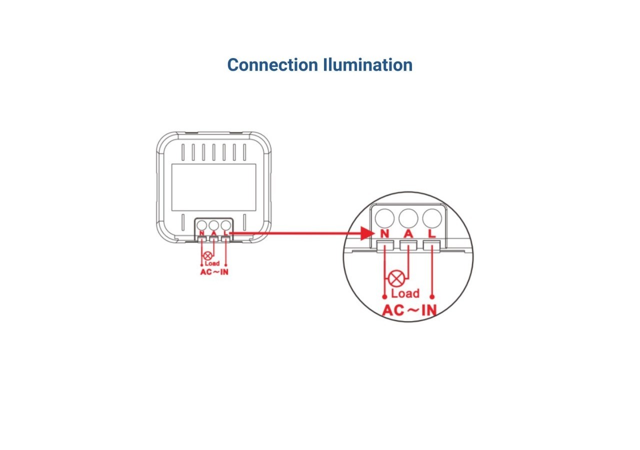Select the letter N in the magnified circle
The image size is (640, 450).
tap(384, 233)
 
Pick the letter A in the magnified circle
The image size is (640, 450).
tap(408, 233)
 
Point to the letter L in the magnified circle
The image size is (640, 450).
tap(432, 233)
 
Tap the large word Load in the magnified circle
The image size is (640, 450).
tap(405, 293)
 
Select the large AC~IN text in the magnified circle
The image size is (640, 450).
tap(409, 310)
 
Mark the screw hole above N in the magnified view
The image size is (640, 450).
tap(384, 218)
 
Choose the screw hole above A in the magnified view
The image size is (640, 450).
tap(408, 218)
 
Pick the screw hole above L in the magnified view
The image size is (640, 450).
tap(431, 218)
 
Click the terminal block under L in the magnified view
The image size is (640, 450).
tap(431, 245)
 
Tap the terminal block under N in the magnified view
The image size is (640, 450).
tap(384, 245)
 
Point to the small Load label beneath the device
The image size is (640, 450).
tap(212, 263)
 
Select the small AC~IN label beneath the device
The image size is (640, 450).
tap(214, 272)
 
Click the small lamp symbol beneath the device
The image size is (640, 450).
tap(207, 255)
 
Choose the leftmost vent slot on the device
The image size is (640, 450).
tap(182, 152)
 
